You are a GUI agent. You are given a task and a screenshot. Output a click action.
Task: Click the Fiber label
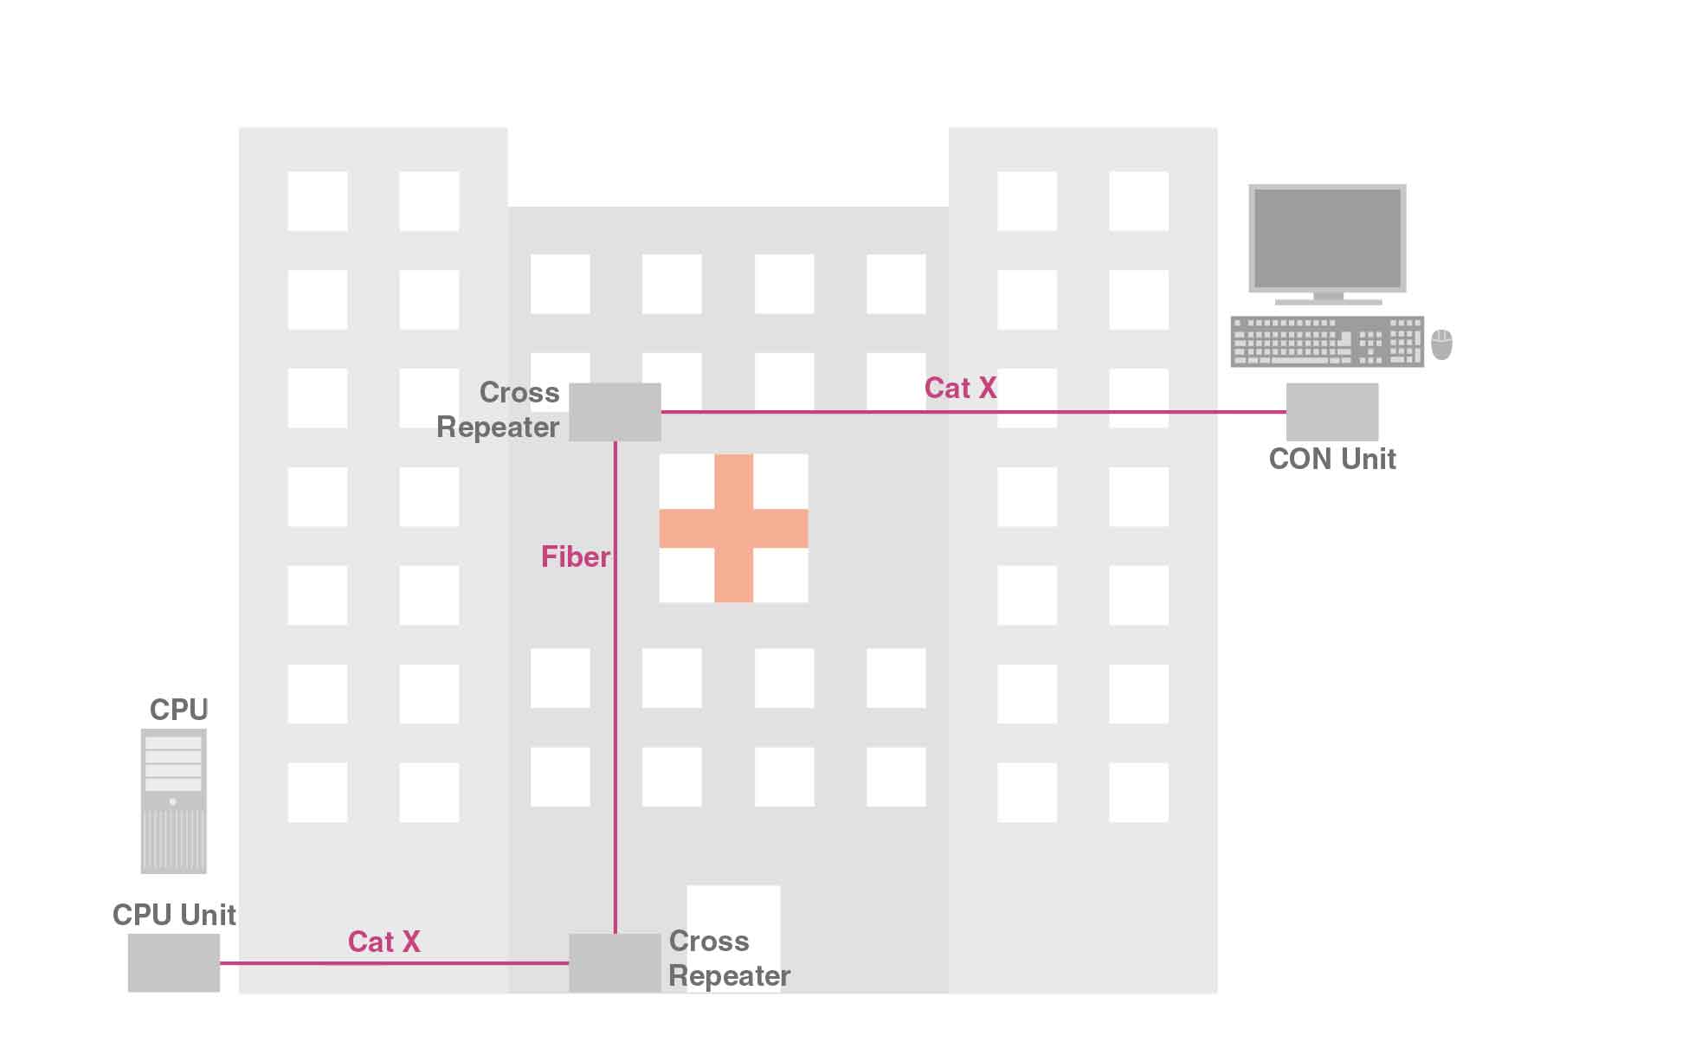pos(575,556)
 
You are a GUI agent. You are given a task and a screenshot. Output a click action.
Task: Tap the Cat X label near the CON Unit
pos(960,388)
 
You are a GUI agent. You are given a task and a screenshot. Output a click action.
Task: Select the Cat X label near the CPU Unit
pos(383,942)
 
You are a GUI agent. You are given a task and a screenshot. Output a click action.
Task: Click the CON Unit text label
pos(1331,459)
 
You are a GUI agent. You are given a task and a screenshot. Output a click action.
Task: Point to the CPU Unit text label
pos(174,915)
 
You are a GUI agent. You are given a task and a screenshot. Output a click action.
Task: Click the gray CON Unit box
pos(1331,412)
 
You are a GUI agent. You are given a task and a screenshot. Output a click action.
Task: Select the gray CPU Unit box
pos(173,962)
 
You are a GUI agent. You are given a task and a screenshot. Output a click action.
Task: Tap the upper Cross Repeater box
pos(615,412)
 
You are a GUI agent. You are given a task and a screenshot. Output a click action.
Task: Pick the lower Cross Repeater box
pos(615,962)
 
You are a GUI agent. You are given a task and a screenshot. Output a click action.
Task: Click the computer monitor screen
pos(1327,238)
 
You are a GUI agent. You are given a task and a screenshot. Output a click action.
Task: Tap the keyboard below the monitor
pos(1326,342)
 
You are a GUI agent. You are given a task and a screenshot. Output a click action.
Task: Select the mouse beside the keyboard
pos(1441,344)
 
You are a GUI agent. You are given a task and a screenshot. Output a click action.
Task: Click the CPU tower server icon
pos(173,801)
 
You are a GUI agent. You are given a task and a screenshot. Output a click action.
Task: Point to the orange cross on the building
pos(733,528)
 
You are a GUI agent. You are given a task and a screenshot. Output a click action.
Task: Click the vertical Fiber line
pos(615,692)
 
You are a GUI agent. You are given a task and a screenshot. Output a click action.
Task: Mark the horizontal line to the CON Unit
pos(970,412)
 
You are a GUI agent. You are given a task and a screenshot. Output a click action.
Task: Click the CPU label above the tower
pos(179,710)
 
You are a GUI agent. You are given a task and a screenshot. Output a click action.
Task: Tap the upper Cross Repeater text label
pos(499,409)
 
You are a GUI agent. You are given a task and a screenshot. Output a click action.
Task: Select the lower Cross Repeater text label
pos(729,958)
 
